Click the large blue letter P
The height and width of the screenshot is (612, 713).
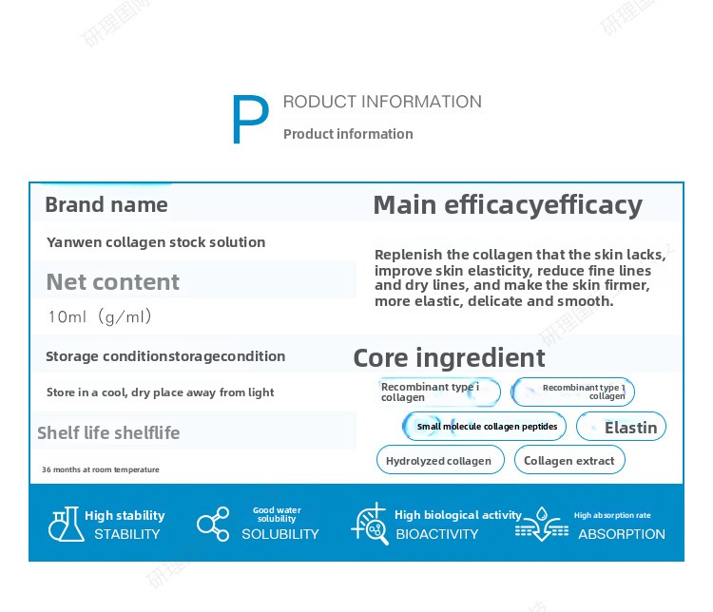click(250, 119)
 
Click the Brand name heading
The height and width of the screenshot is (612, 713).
click(106, 204)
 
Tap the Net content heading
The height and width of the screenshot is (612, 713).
click(113, 282)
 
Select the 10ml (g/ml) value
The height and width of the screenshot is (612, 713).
click(100, 316)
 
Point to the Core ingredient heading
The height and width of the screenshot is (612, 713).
click(449, 358)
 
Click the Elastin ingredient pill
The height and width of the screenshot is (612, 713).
click(621, 427)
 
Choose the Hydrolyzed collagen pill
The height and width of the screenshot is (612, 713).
click(440, 460)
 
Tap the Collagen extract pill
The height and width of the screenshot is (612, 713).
click(569, 460)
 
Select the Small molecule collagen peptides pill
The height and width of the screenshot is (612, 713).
click(484, 426)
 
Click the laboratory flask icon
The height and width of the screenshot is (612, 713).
click(67, 524)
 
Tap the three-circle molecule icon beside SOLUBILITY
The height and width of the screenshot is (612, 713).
click(213, 524)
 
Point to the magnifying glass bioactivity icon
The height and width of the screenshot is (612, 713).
click(369, 524)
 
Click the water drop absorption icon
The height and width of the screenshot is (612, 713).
click(542, 525)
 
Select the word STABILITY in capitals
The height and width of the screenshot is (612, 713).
click(126, 534)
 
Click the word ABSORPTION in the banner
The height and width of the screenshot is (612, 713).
click(622, 534)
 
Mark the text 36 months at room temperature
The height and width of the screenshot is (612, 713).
click(101, 469)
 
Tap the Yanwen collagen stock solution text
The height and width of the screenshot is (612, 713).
click(156, 242)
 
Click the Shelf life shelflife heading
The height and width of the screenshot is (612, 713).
click(108, 432)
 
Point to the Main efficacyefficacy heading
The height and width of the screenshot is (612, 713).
click(508, 205)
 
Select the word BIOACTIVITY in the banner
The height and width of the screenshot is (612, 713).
click(437, 534)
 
